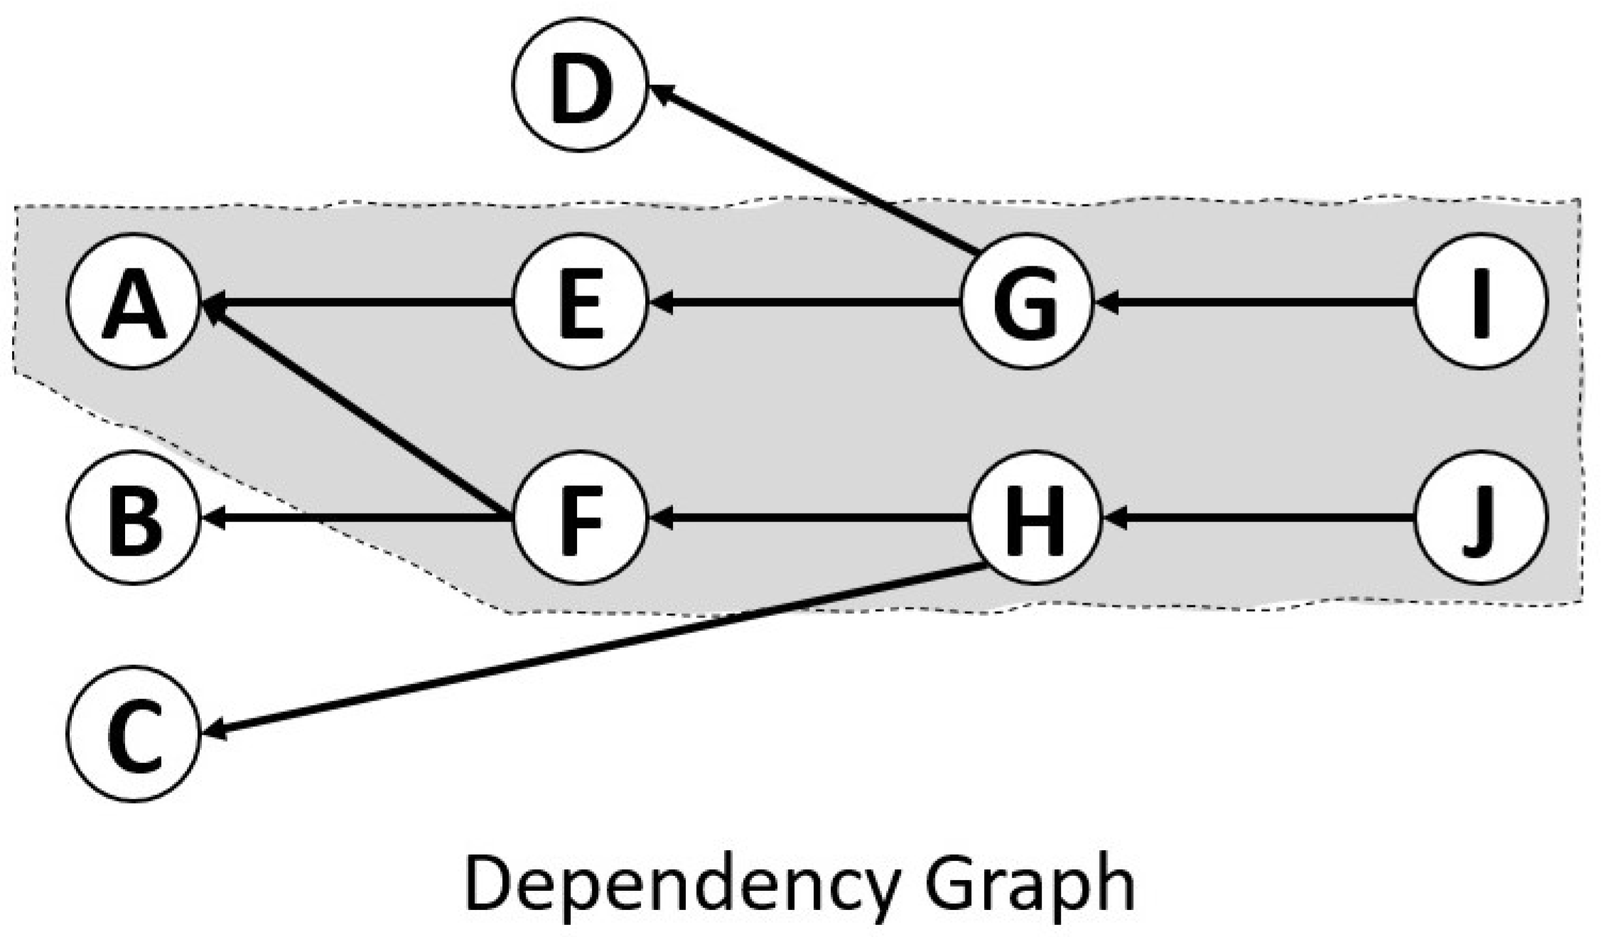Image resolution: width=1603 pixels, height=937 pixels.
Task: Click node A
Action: point(134,301)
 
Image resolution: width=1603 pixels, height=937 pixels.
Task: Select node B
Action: point(134,517)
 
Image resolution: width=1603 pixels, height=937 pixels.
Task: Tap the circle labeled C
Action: point(134,733)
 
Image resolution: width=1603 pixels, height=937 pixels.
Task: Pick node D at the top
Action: point(581,84)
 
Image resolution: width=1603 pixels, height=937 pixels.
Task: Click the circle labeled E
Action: point(581,301)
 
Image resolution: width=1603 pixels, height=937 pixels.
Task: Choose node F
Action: point(581,517)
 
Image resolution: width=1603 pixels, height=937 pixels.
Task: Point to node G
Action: point(1025,301)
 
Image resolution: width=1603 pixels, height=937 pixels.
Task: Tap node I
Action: point(1481,301)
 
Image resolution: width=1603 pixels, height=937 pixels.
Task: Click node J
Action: point(1481,517)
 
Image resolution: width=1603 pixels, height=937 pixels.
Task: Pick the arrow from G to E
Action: point(803,303)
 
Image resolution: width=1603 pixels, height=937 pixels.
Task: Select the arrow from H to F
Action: point(810,519)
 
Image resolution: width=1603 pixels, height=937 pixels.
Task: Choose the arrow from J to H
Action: point(1258,519)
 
